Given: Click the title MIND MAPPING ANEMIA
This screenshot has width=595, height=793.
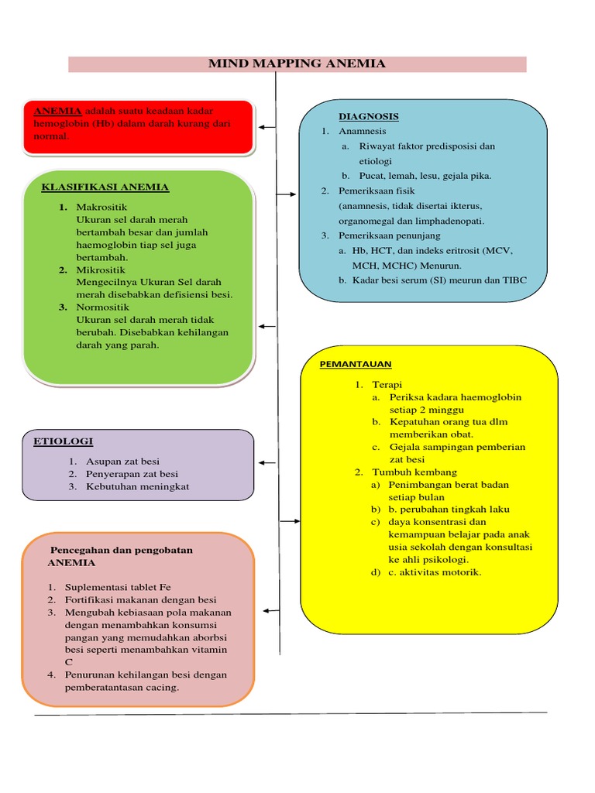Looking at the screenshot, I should tap(297, 64).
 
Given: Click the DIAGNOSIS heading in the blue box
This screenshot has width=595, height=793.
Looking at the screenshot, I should tap(368, 116).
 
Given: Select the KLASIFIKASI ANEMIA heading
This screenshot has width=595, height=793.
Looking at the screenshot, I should tap(105, 187).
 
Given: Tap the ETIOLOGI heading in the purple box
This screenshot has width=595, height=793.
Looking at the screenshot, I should tap(63, 441).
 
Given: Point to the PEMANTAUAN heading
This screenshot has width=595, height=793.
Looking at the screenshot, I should tap(356, 363).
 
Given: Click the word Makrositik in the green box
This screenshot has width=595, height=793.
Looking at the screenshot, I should tap(101, 207).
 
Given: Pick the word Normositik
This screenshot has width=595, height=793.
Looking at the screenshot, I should tap(102, 307).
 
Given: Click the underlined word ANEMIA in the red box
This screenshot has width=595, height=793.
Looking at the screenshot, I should tap(58, 111).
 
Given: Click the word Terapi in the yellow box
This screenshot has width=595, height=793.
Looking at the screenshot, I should tap(387, 384).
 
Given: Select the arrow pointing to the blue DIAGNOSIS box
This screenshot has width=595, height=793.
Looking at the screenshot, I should tap(288, 194).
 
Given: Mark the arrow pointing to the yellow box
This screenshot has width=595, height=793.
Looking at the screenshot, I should tap(290, 521).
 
